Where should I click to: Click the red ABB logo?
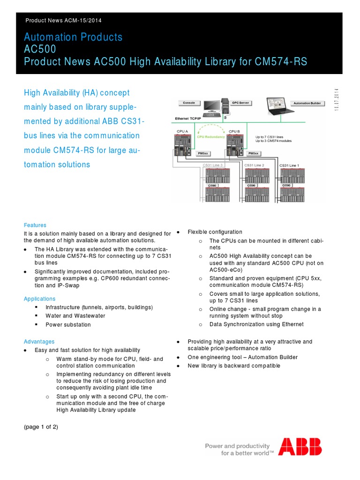300,447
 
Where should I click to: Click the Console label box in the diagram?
189,103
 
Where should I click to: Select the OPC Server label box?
241,103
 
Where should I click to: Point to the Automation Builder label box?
307,103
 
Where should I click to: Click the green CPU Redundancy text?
211,137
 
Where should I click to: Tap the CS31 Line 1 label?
289,165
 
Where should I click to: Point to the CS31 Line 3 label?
213,165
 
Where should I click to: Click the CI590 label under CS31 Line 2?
251,186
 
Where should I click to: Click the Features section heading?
35,225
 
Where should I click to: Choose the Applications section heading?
40,299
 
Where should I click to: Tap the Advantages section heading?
39,342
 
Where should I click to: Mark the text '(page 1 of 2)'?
41,427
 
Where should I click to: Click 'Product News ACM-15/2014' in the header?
63,20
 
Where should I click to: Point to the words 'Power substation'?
68,324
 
